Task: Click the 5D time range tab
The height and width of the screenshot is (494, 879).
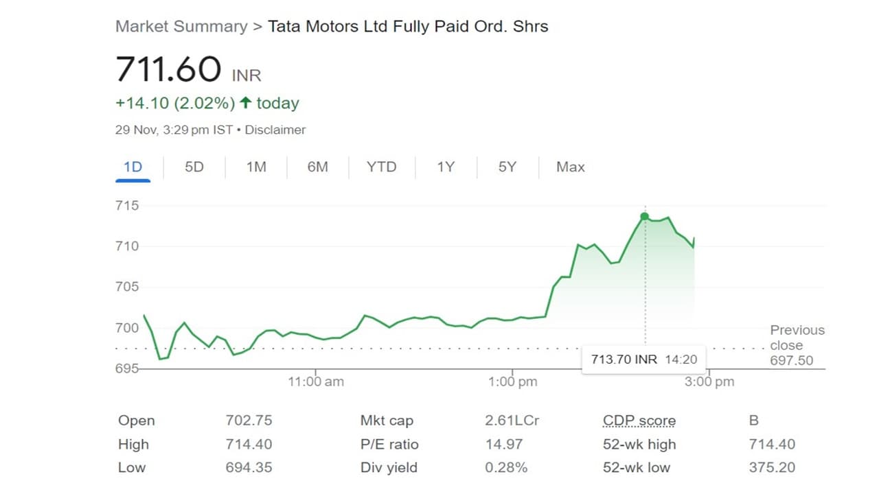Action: (x=194, y=167)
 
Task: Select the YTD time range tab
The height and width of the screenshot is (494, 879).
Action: (x=381, y=167)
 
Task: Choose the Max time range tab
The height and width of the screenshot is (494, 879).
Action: (x=570, y=167)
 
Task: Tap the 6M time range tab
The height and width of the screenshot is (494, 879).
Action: (x=317, y=167)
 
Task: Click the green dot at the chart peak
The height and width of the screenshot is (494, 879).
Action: (x=644, y=217)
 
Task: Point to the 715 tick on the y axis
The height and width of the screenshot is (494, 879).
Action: (x=127, y=206)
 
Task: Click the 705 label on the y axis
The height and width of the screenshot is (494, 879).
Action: (x=127, y=287)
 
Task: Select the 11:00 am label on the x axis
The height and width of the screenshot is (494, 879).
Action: (x=316, y=381)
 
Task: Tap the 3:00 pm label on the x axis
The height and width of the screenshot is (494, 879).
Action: (x=709, y=381)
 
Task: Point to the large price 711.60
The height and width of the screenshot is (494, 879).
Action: (x=168, y=69)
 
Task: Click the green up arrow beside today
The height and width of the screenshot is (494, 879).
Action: (x=245, y=104)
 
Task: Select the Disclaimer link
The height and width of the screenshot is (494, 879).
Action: (x=275, y=130)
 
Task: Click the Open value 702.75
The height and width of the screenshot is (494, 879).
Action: (x=249, y=421)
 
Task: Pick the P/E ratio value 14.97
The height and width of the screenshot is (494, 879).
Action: (x=504, y=444)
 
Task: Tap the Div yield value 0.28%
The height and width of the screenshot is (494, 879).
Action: (x=506, y=467)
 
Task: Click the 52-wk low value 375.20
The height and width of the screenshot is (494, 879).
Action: (x=772, y=467)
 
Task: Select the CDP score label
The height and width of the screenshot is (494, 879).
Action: (x=639, y=421)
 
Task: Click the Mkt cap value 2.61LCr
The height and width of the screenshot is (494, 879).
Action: (x=512, y=421)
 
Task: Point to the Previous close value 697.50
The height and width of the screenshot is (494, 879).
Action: (x=791, y=360)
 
